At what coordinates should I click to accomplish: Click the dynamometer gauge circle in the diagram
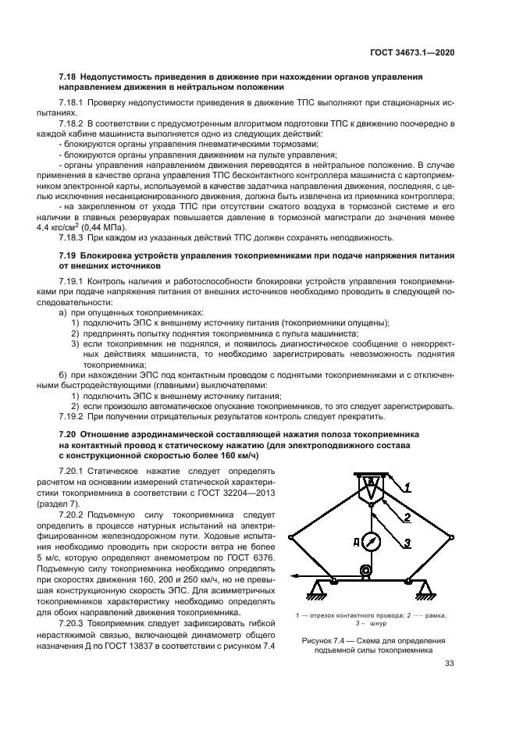371,540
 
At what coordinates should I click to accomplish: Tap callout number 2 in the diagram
406,518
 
